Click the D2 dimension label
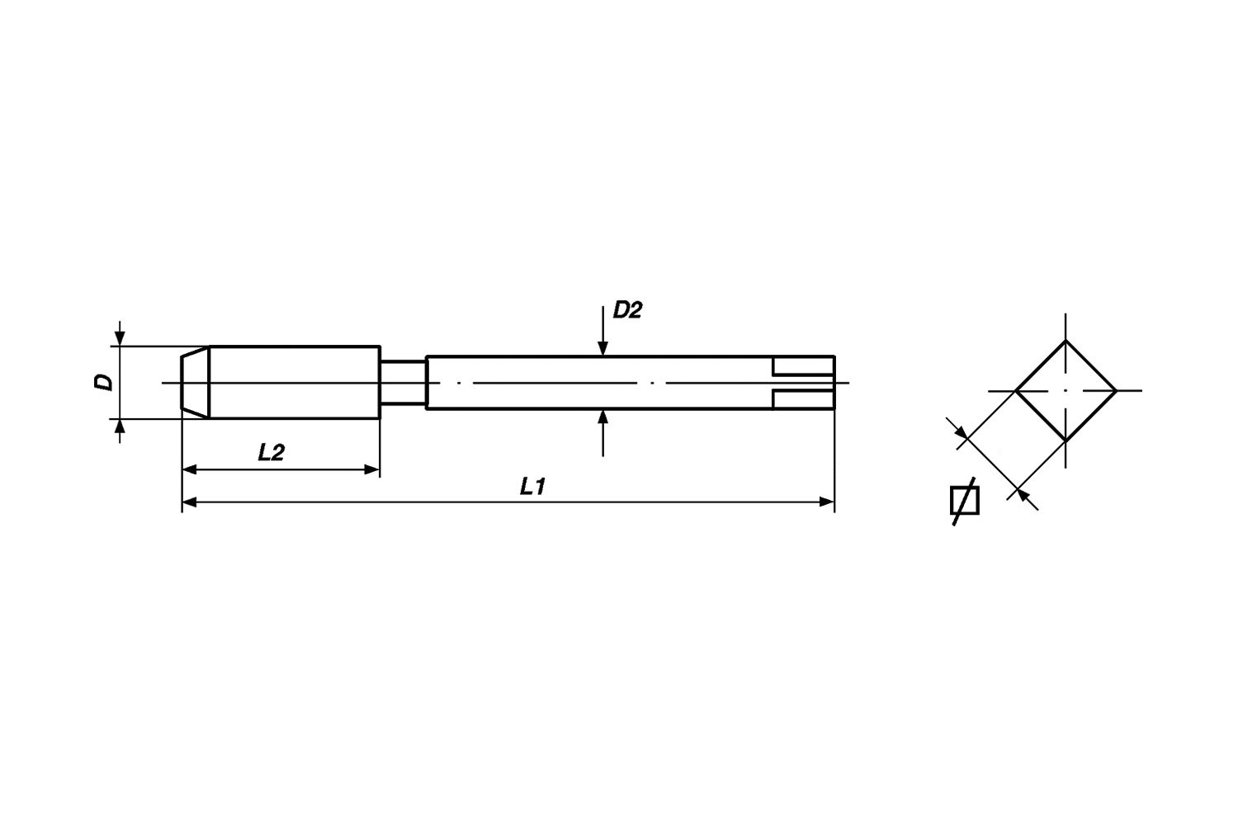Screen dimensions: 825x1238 coord(626,311)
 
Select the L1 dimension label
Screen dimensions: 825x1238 coord(532,487)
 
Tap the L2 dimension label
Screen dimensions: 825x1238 coord(271,453)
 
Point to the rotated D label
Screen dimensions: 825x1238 coord(103,382)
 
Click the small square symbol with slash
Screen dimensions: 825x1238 coord(964,501)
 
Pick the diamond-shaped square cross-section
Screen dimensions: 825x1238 coord(1065,390)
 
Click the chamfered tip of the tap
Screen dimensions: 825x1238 coord(195,383)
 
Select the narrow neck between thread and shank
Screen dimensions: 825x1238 coord(403,383)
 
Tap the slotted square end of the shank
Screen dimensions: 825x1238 coord(803,383)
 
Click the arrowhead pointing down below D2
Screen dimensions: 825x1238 coord(603,348)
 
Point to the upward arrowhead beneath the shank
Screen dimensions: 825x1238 coord(603,417)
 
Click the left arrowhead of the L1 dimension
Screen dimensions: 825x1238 coord(190,501)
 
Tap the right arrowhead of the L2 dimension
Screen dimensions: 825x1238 coord(371,469)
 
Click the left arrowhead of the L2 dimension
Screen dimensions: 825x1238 coord(190,469)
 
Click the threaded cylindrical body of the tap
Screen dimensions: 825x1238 coord(294,383)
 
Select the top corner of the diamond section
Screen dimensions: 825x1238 coord(1066,341)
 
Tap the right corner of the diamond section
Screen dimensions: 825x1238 coord(1115,390)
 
